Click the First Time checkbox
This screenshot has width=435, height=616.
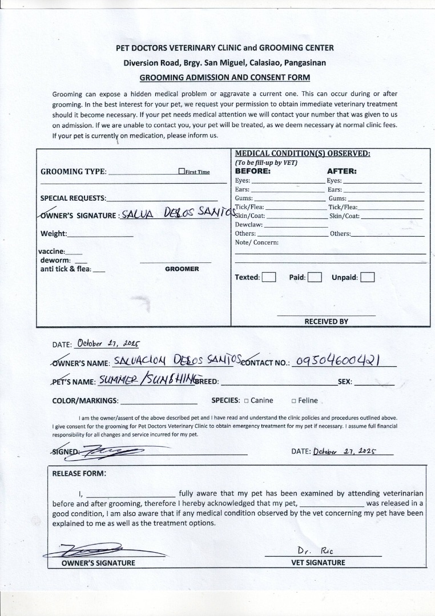(x=182, y=171)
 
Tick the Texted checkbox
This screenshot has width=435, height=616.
(x=269, y=278)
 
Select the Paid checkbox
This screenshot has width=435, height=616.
(x=315, y=278)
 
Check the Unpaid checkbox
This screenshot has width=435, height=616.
(x=368, y=278)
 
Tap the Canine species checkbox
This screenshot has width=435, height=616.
(x=246, y=401)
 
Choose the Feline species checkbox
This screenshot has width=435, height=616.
(x=293, y=401)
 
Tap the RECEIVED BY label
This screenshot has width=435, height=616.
(x=326, y=321)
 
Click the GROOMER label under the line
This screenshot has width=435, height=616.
(x=182, y=269)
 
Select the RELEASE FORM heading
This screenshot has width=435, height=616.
(x=79, y=473)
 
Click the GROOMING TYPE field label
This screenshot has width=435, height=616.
(x=73, y=172)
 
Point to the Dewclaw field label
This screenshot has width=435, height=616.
(x=248, y=225)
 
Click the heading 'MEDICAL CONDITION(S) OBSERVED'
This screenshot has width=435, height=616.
(x=303, y=153)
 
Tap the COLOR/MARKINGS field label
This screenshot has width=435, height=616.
(x=85, y=401)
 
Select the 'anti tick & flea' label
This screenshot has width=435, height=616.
(x=65, y=269)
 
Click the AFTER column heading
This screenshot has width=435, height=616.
(x=341, y=171)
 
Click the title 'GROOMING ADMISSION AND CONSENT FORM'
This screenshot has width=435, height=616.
(x=225, y=77)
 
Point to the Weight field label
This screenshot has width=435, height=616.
(x=53, y=233)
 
